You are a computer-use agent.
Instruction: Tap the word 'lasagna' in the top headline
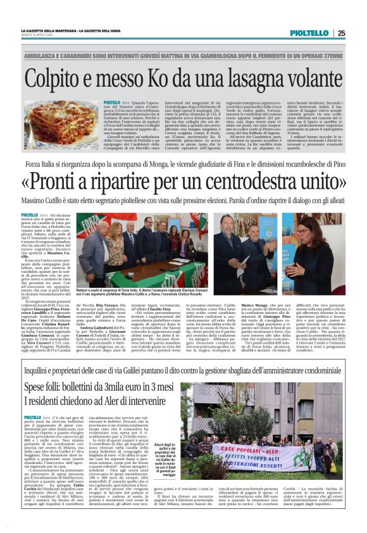tap(235, 78)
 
